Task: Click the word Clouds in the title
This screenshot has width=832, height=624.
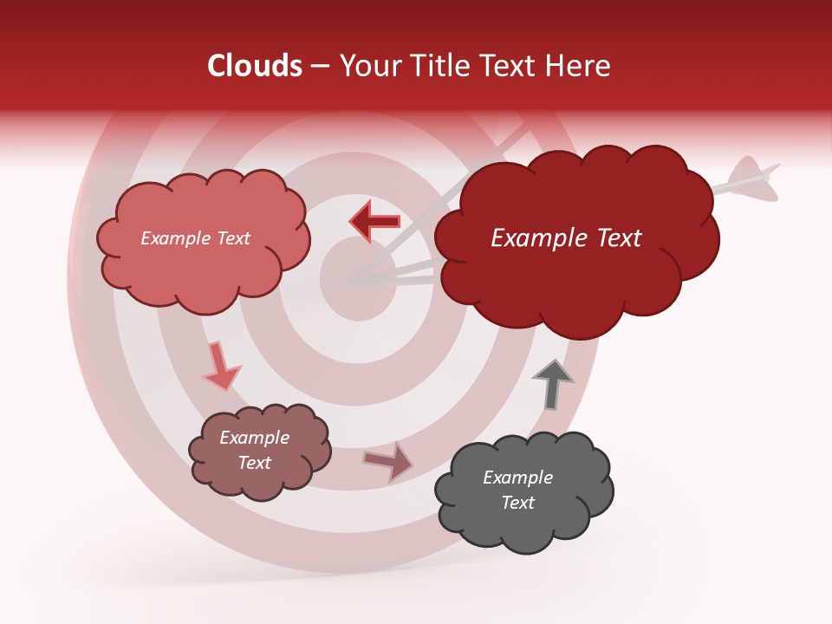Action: (x=255, y=66)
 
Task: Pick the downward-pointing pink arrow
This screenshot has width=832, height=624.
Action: (x=220, y=367)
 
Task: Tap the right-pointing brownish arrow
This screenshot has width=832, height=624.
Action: (x=389, y=461)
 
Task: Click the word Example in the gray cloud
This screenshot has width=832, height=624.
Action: (x=517, y=478)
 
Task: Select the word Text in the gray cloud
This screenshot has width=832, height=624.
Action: (x=517, y=503)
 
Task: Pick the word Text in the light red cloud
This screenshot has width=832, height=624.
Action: (x=231, y=238)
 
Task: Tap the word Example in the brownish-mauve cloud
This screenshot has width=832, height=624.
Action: (x=254, y=438)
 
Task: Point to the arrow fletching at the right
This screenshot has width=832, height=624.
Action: (x=751, y=176)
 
